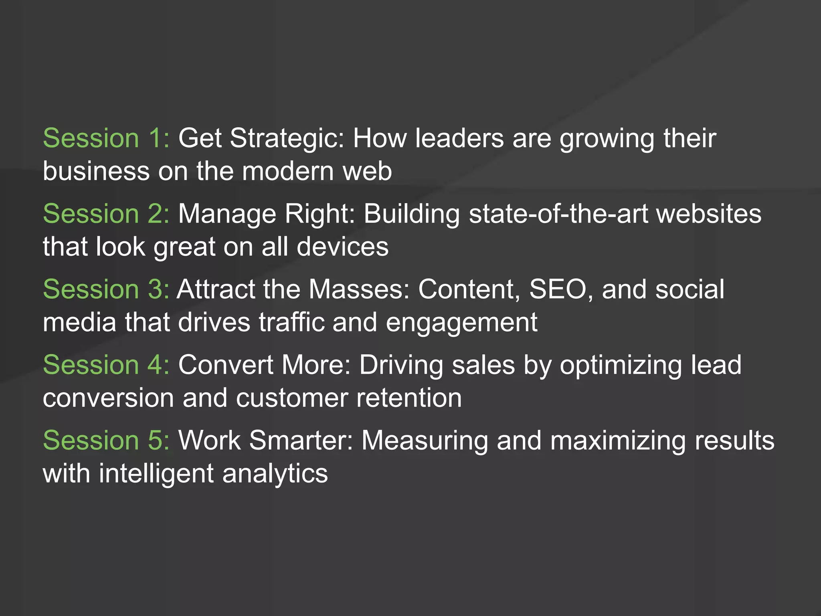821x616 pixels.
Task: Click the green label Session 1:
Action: [x=106, y=138]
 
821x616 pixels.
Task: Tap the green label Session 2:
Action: [x=106, y=214]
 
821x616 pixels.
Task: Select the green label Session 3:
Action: [x=106, y=289]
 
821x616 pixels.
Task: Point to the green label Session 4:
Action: [x=106, y=365]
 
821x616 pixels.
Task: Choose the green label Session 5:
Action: [x=106, y=440]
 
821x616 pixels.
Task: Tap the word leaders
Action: [x=459, y=138]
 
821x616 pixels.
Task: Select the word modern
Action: [x=288, y=171]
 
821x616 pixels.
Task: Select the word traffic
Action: [x=291, y=322]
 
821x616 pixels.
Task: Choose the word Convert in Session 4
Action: [x=225, y=365]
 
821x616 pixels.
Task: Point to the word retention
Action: [x=409, y=398]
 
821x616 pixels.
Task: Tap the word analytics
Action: [x=275, y=474]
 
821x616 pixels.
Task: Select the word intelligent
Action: [x=156, y=474]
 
